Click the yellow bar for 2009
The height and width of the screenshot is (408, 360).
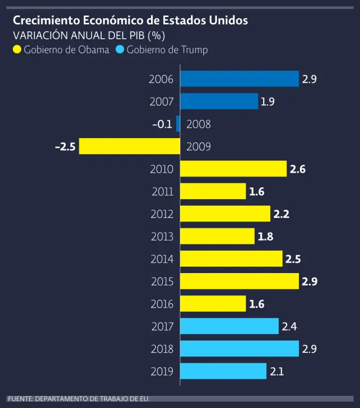129,146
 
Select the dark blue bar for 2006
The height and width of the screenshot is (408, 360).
239,79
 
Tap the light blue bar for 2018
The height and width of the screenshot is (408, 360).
239,348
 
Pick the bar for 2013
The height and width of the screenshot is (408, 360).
217,236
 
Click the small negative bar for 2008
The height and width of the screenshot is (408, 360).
178,124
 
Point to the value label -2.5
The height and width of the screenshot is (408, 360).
65,147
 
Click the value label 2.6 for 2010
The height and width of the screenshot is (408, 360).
297,169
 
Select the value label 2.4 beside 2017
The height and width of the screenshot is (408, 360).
289,326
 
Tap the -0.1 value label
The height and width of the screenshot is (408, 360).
162,124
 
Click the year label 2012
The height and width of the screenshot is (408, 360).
162,214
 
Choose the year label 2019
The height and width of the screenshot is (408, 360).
162,371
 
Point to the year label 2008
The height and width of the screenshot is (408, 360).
198,124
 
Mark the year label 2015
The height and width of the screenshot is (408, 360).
162,282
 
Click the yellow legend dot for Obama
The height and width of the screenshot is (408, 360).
17,50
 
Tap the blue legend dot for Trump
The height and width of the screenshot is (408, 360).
120,50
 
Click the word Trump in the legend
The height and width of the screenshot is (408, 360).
194,50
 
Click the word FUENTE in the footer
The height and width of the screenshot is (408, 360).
20,398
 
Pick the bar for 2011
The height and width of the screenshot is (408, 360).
213,191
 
